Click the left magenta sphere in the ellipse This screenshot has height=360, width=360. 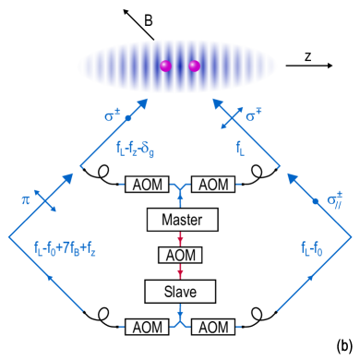coord(166,66)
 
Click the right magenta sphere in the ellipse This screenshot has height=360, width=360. coord(195,66)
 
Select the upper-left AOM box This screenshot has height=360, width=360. coord(147,185)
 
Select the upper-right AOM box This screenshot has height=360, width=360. coord(213,185)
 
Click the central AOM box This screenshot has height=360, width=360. coord(180,255)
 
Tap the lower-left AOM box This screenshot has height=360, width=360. coord(147,327)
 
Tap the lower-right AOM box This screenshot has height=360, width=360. coord(213,327)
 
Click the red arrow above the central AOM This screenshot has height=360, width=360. coord(180,238)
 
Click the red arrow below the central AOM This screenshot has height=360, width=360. coord(180,271)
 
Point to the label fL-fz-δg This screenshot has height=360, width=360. coord(136,150)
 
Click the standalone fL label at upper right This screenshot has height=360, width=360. coord(240,148)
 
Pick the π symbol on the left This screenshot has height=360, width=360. coord(26,200)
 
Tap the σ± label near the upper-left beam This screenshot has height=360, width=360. coord(112,115)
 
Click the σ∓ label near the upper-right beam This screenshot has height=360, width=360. coord(252,116)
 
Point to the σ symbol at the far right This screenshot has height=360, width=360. coord(333,199)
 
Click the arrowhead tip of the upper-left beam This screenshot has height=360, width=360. coord(148,99)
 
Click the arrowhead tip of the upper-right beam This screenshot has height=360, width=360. coord(213,99)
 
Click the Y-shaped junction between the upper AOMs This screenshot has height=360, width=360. coord(180,187)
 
